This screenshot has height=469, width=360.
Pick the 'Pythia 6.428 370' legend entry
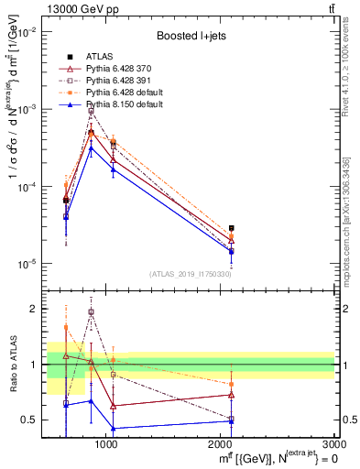point(122,71)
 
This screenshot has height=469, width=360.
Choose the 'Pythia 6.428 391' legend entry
point(122,82)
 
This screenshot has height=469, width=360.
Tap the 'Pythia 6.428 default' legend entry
point(126,94)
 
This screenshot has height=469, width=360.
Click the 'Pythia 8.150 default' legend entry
point(126,106)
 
